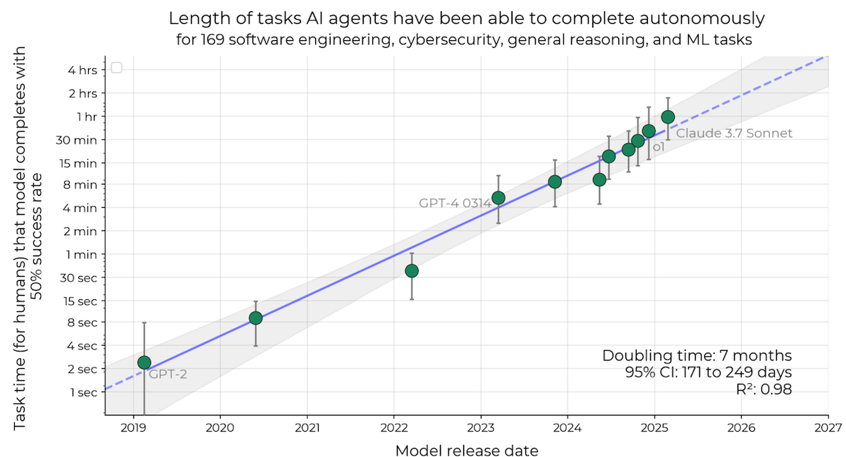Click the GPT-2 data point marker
click(144, 363)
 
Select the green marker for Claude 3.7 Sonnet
click(668, 117)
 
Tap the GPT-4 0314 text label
click(455, 204)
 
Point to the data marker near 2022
click(412, 271)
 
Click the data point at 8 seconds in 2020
click(256, 318)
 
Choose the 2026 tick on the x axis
click(741, 427)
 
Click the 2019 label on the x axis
click(133, 427)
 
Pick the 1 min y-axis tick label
click(80, 254)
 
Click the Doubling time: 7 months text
click(697, 356)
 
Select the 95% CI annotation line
click(708, 372)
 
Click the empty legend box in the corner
click(117, 68)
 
